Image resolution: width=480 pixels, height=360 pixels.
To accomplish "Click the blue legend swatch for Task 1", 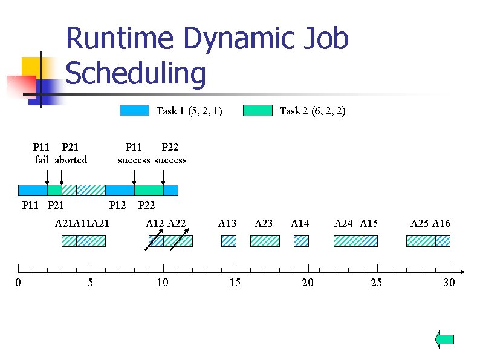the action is (x=134, y=110).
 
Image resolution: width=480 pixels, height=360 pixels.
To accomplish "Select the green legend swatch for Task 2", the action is (x=258, y=110).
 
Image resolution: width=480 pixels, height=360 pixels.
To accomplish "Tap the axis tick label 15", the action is (x=235, y=283).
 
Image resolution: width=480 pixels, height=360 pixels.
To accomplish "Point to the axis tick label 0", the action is (x=18, y=283).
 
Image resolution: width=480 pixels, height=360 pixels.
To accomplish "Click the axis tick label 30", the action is (x=449, y=283).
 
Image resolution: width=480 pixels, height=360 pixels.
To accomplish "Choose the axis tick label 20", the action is (x=308, y=283).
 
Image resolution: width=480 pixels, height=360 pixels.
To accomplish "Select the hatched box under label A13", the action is (x=229, y=241).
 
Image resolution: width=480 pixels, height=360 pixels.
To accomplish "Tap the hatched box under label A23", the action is (x=265, y=241).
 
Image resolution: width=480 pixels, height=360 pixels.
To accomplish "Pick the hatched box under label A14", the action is (x=301, y=241).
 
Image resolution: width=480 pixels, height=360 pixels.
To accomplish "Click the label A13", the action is (x=227, y=223).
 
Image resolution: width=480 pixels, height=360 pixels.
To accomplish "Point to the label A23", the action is (x=264, y=223).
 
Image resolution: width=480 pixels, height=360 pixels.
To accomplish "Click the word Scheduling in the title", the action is (x=136, y=74).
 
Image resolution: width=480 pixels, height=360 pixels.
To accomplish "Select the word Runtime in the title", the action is (x=121, y=39).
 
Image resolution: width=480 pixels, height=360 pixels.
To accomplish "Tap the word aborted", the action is (x=71, y=160).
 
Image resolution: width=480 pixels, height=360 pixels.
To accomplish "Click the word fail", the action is (x=42, y=160).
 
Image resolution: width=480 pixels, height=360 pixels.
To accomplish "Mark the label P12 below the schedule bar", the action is (x=117, y=206).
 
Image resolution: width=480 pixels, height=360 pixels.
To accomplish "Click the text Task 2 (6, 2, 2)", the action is (x=313, y=111).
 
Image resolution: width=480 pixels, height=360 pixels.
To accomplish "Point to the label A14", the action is (x=300, y=223).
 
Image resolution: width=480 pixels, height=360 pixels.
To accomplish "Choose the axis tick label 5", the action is (x=91, y=283).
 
